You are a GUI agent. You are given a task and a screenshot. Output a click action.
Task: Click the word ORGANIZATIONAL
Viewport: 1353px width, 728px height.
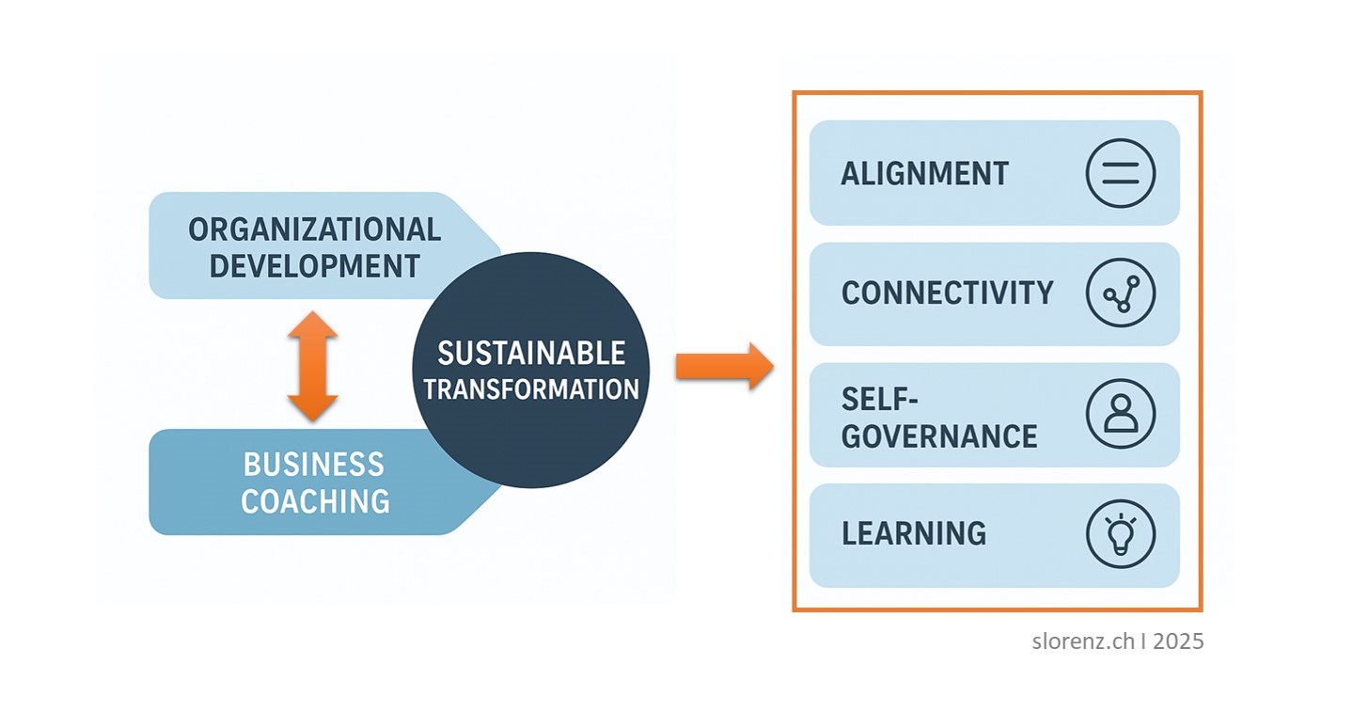[314, 229]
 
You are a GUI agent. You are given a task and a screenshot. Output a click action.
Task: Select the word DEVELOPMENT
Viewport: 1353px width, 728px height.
[314, 266]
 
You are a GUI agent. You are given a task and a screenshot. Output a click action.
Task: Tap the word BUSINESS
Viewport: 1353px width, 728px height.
[314, 465]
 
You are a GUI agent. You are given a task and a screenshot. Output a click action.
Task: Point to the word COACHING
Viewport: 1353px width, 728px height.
[315, 501]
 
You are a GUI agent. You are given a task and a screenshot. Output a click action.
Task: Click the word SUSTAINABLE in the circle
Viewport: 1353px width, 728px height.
[531, 354]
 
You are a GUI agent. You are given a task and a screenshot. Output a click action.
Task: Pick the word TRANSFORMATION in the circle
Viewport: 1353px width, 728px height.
[531, 388]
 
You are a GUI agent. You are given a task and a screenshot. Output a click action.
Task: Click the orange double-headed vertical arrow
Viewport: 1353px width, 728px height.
[312, 365]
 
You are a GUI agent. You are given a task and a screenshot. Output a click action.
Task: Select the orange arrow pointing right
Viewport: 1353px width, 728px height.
[723, 365]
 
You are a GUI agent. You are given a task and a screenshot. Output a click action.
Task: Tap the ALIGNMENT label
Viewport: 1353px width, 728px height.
[924, 174]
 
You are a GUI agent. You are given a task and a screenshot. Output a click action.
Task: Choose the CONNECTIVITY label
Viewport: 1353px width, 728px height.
[947, 293]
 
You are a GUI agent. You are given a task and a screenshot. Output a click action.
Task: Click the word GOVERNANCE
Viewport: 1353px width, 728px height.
[938, 436]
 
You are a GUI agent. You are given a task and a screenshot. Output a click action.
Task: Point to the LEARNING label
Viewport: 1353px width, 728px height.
[914, 533]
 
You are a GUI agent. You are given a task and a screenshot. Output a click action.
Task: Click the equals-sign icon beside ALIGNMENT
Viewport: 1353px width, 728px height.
[1120, 173]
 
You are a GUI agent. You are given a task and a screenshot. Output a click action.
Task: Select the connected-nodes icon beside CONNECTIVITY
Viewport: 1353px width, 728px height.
[1120, 293]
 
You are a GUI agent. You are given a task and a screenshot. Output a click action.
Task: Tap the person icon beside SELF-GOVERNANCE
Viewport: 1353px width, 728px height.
[1120, 414]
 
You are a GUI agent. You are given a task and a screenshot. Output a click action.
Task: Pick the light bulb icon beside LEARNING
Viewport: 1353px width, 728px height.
[1120, 533]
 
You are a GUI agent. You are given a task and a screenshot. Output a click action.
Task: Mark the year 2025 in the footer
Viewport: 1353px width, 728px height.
[1178, 641]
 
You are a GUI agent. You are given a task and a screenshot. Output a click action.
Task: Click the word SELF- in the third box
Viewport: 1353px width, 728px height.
[878, 399]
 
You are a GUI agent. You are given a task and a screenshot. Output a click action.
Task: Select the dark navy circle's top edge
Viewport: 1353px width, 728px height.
[531, 254]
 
